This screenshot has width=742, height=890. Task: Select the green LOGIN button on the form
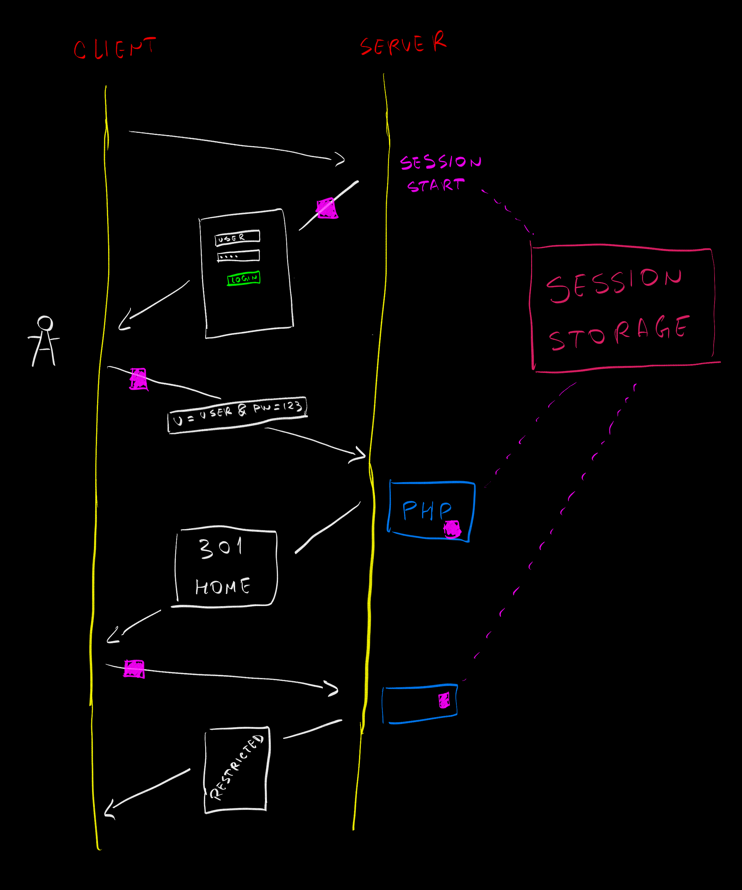click(x=244, y=279)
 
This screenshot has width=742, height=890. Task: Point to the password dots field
click(x=238, y=256)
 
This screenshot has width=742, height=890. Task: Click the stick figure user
click(x=44, y=341)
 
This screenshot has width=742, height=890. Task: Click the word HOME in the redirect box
click(x=222, y=586)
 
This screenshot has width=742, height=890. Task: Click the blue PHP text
click(x=426, y=510)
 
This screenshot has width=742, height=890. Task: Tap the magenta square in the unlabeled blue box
click(x=444, y=700)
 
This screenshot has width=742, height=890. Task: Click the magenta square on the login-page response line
click(x=327, y=208)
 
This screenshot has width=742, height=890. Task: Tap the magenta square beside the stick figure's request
click(x=138, y=379)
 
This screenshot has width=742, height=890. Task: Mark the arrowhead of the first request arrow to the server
click(x=340, y=159)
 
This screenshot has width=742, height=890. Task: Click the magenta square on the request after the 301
click(x=134, y=669)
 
